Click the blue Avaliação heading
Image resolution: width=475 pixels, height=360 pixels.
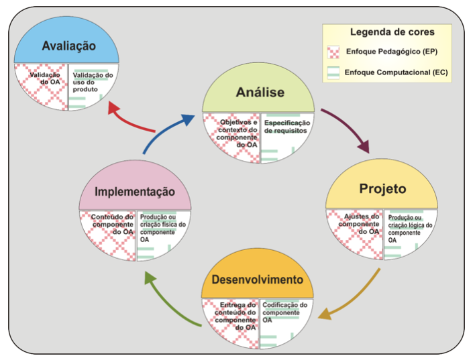[68, 46]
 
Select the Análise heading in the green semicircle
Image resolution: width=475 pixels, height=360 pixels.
[260, 93]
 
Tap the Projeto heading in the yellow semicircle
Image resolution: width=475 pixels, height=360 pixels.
[382, 189]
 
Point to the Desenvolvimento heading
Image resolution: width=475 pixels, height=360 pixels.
[257, 280]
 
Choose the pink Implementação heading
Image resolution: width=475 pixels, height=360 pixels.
[135, 192]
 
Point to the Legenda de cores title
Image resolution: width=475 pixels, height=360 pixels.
[392, 32]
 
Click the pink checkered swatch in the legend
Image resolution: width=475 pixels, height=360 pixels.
[333, 52]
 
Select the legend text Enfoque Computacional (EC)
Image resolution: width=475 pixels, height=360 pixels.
[396, 72]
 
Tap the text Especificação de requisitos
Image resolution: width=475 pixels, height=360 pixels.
[287, 127]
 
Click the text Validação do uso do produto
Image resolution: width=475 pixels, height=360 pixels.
[93, 82]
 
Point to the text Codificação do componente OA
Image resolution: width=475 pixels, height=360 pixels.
[284, 312]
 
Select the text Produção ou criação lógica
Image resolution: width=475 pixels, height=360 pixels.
[410, 222]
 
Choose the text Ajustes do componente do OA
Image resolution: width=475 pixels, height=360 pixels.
[359, 224]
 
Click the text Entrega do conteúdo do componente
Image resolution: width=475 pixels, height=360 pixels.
[235, 312]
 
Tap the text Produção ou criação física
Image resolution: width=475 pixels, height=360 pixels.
[162, 221]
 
